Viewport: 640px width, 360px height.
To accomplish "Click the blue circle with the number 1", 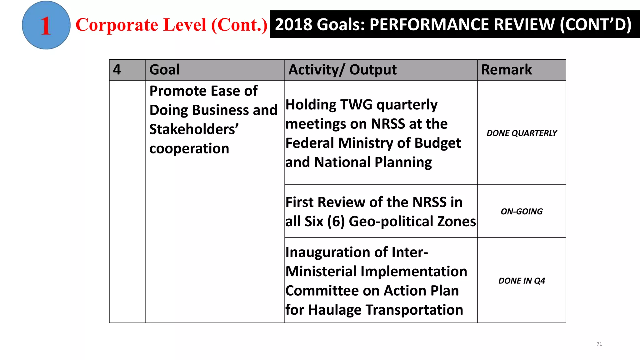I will coord(46,25).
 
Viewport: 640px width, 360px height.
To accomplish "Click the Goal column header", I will coord(165,69).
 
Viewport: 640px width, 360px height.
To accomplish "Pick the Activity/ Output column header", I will coord(342,69).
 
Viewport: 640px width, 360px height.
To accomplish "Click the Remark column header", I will coord(506,69).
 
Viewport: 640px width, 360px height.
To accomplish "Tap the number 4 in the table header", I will coord(117,69).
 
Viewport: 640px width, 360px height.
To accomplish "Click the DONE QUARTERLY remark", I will coord(522,133).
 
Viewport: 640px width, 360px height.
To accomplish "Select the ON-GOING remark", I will coord(522,212).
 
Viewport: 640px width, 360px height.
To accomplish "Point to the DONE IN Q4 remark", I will coord(522,281).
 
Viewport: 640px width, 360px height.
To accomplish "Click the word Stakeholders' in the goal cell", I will coord(194,129).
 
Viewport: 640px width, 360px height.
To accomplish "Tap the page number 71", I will coord(599,344).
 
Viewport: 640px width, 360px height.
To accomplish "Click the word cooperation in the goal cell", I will coord(189,148).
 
